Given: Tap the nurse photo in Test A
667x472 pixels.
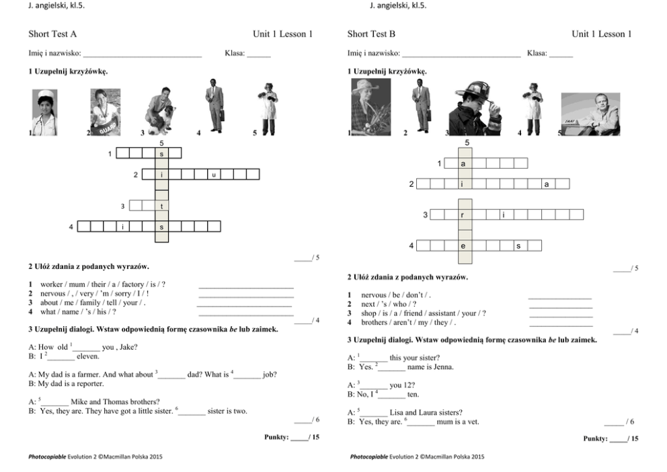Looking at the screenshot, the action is pos(45,112).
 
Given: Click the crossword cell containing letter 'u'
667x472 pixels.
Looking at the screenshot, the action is pos(214,175).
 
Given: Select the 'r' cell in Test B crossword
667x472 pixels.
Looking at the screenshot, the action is pos(465,214).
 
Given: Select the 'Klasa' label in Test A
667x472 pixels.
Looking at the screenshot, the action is pos(235,52).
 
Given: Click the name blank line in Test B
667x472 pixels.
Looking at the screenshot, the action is pos(461,54).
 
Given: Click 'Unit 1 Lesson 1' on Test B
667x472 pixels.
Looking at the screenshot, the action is pos(601,34).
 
